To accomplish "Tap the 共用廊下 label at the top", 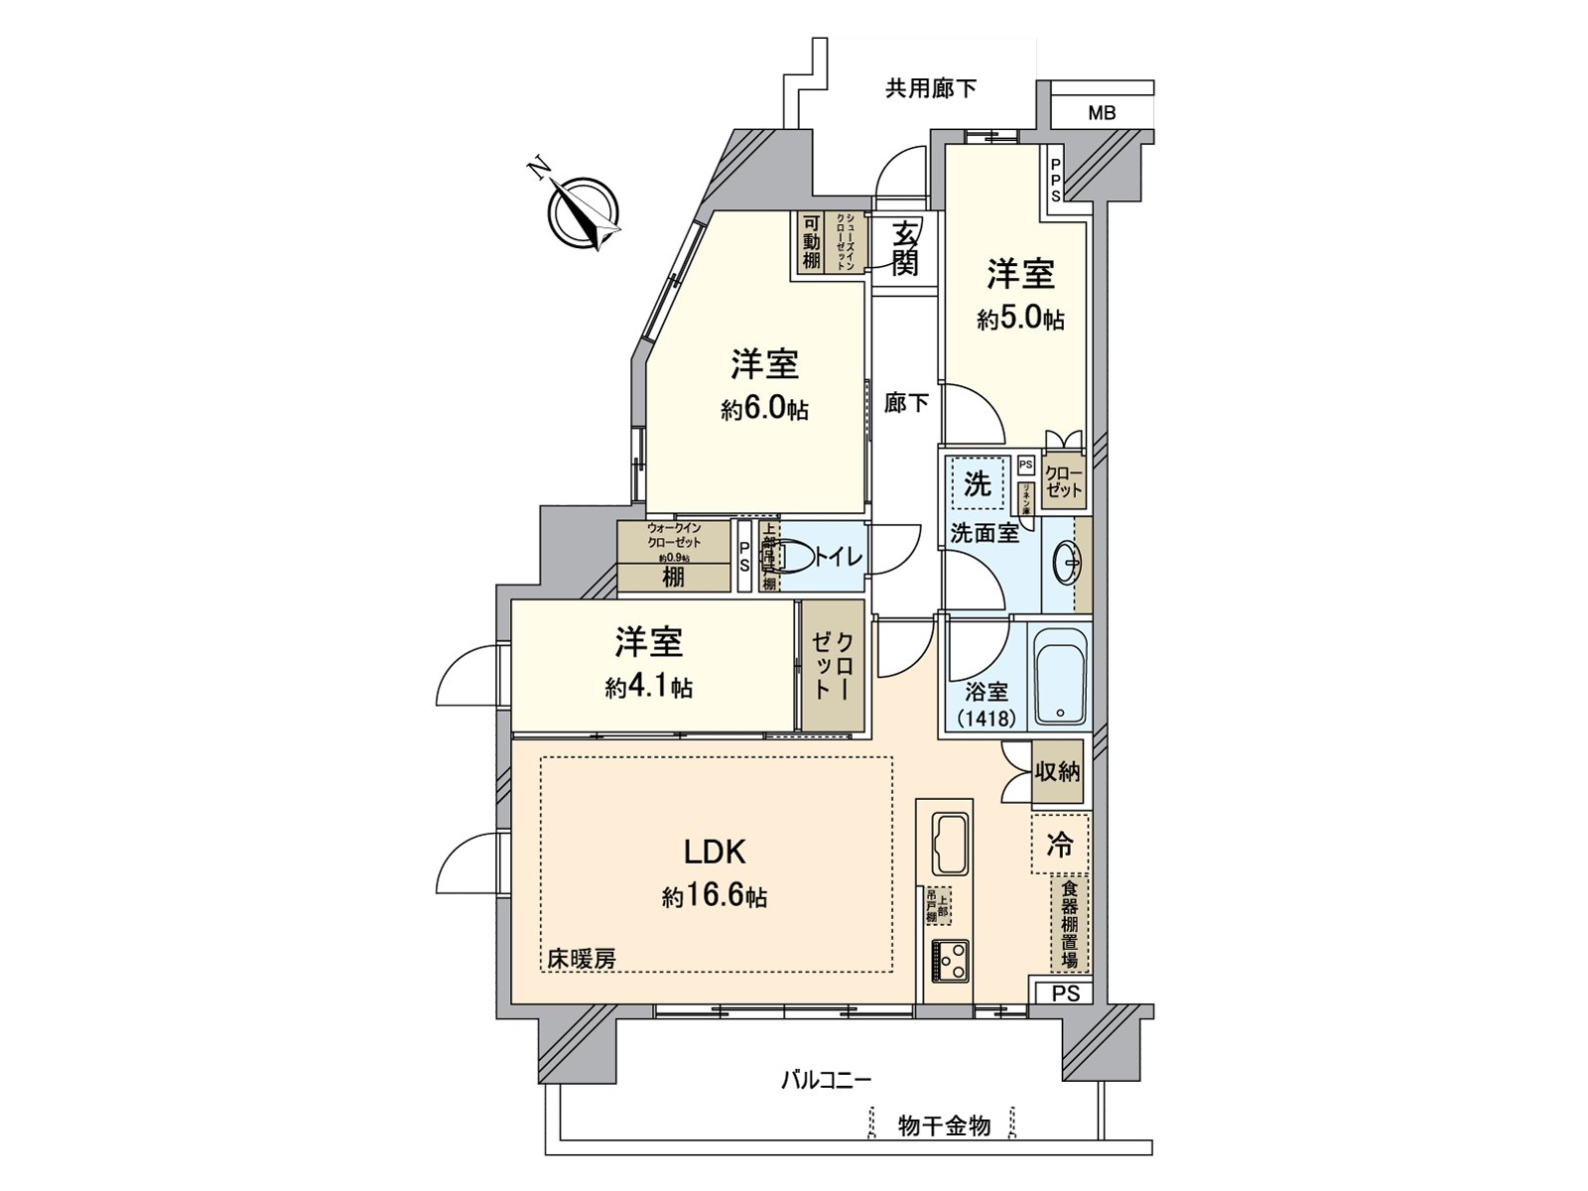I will pos(930,89).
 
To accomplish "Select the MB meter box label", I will pos(1102,113).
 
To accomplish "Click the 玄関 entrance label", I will pos(904,248).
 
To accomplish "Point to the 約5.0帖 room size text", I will pos(1020,320).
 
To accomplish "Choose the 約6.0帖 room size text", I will pos(764,409).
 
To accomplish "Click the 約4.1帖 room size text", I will pos(649,687).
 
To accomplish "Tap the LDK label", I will pos(715,852).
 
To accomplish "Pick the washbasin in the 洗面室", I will pos(1070,564).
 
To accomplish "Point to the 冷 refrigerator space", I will pos(1060,846).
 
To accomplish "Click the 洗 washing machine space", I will pos(978,485).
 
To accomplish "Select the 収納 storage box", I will pos(1057,771).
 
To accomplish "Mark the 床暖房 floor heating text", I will pos(582,959).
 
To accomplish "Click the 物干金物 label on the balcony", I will pos(944,1125).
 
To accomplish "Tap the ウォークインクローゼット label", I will pos(674,537).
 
